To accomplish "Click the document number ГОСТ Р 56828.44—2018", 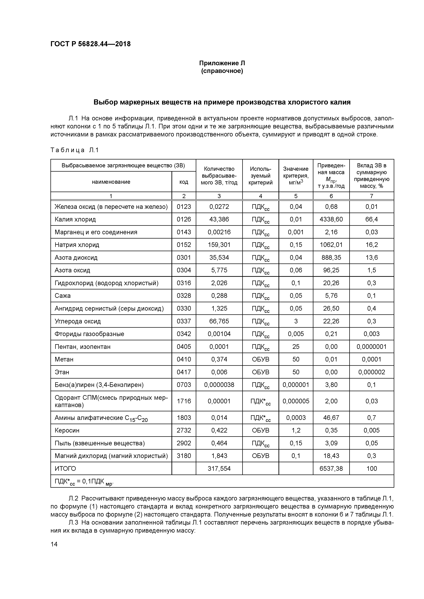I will (x=90, y=44).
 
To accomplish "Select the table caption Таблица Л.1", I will (x=74, y=150).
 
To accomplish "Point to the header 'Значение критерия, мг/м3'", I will (x=296, y=176).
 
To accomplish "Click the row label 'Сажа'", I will (x=63, y=296).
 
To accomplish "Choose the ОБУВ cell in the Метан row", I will (x=260, y=359).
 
